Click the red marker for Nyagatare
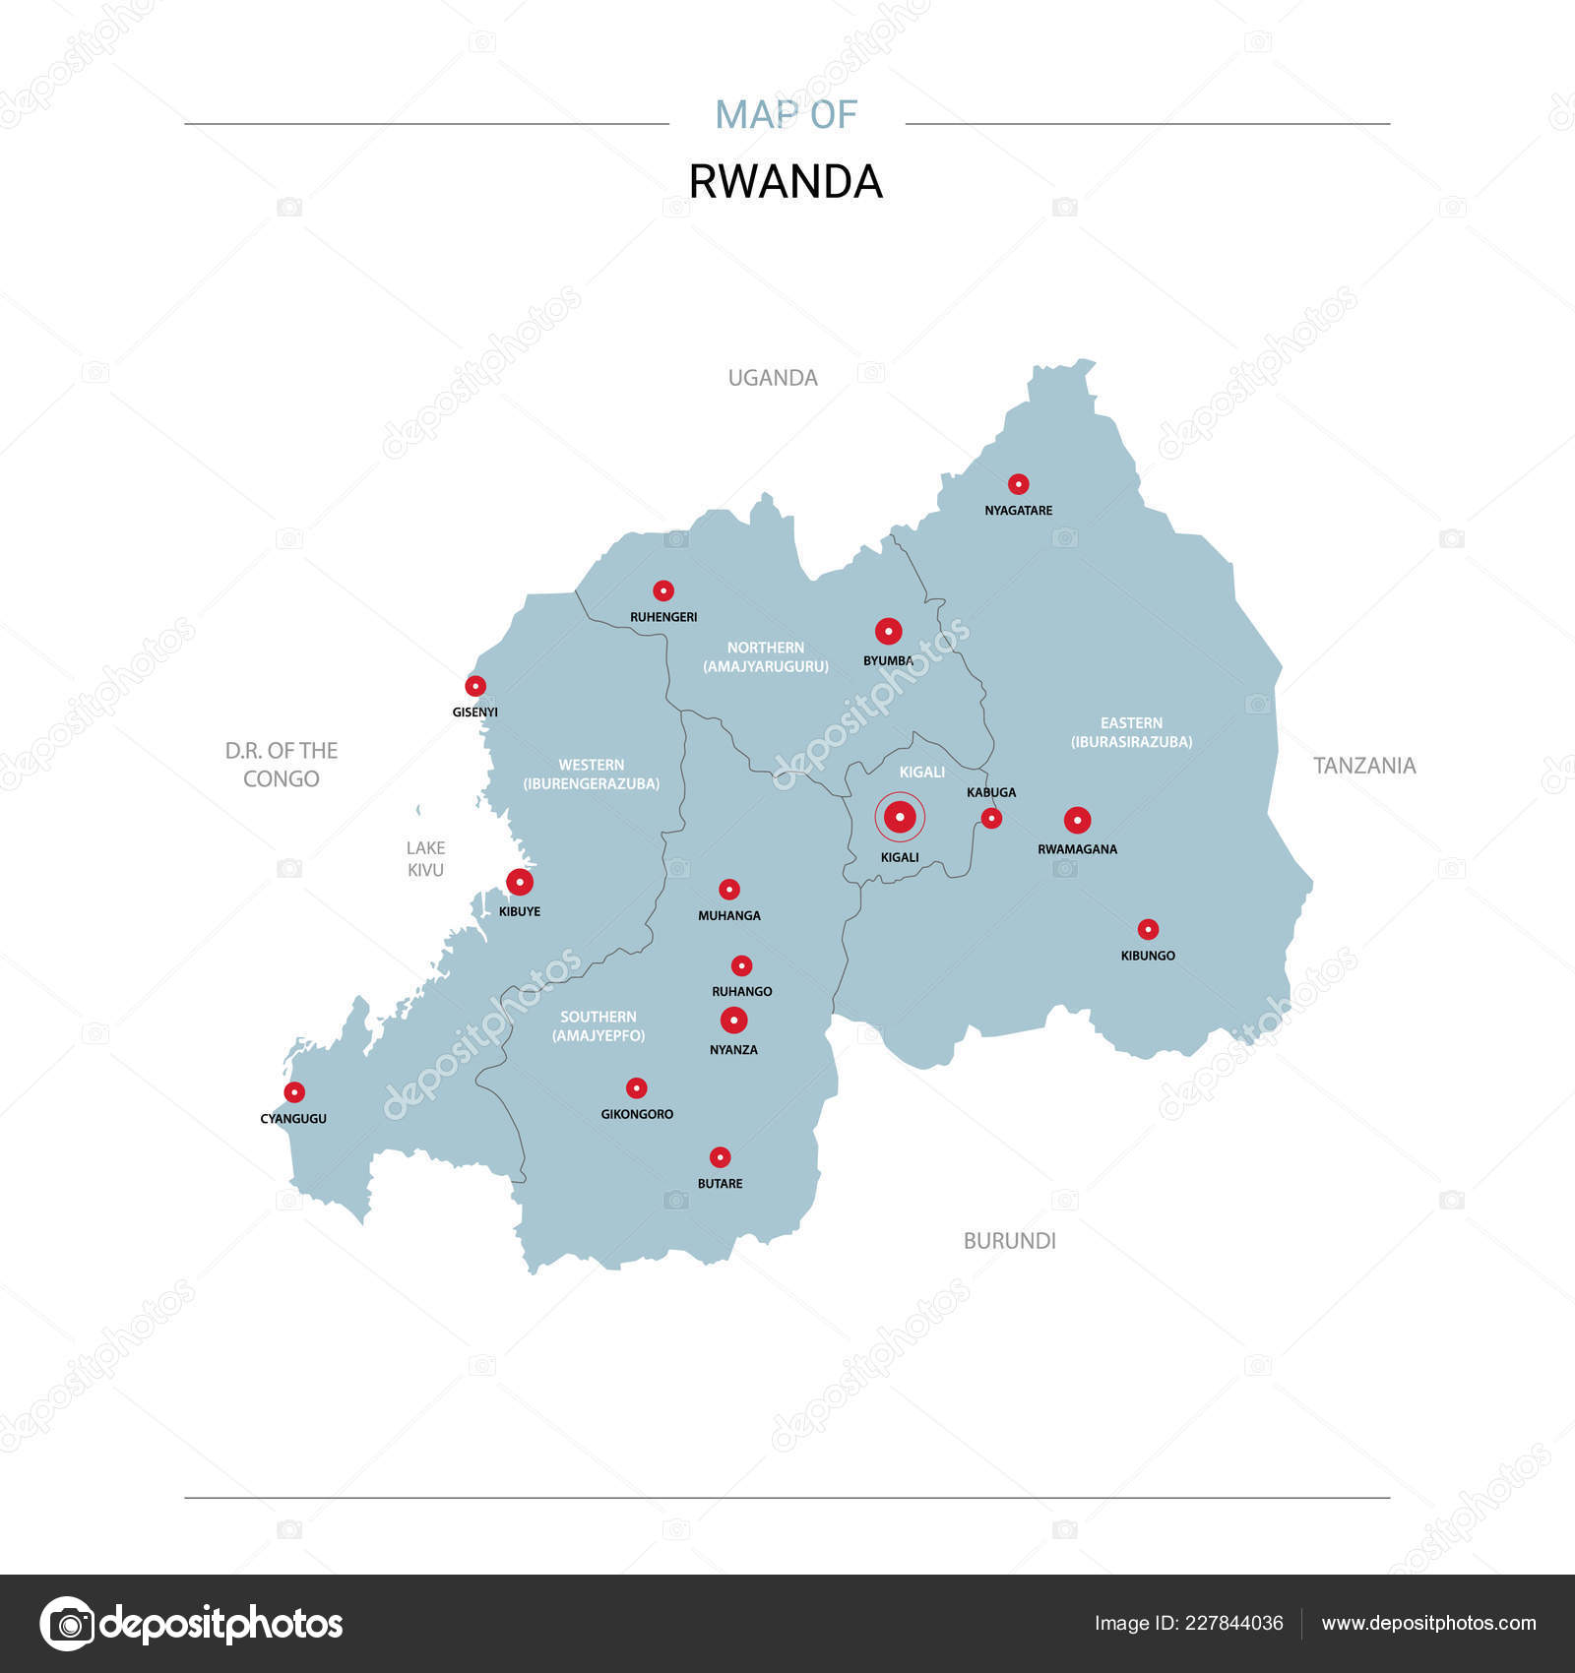[1018, 484]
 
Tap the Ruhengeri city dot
[663, 590]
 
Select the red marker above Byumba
[888, 632]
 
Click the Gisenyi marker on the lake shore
[475, 686]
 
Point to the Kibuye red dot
[520, 882]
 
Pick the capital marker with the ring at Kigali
[900, 817]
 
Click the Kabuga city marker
[991, 818]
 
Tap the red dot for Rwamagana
[1077, 820]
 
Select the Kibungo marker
[1148, 929]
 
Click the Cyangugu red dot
[294, 1091]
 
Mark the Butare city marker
[720, 1157]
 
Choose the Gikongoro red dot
[637, 1087]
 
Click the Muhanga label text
[728, 915]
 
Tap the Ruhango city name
[741, 991]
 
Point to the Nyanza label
[733, 1050]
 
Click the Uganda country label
[773, 378]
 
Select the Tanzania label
[1364, 766]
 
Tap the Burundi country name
[1009, 1241]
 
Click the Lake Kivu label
[425, 859]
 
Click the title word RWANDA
[786, 182]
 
